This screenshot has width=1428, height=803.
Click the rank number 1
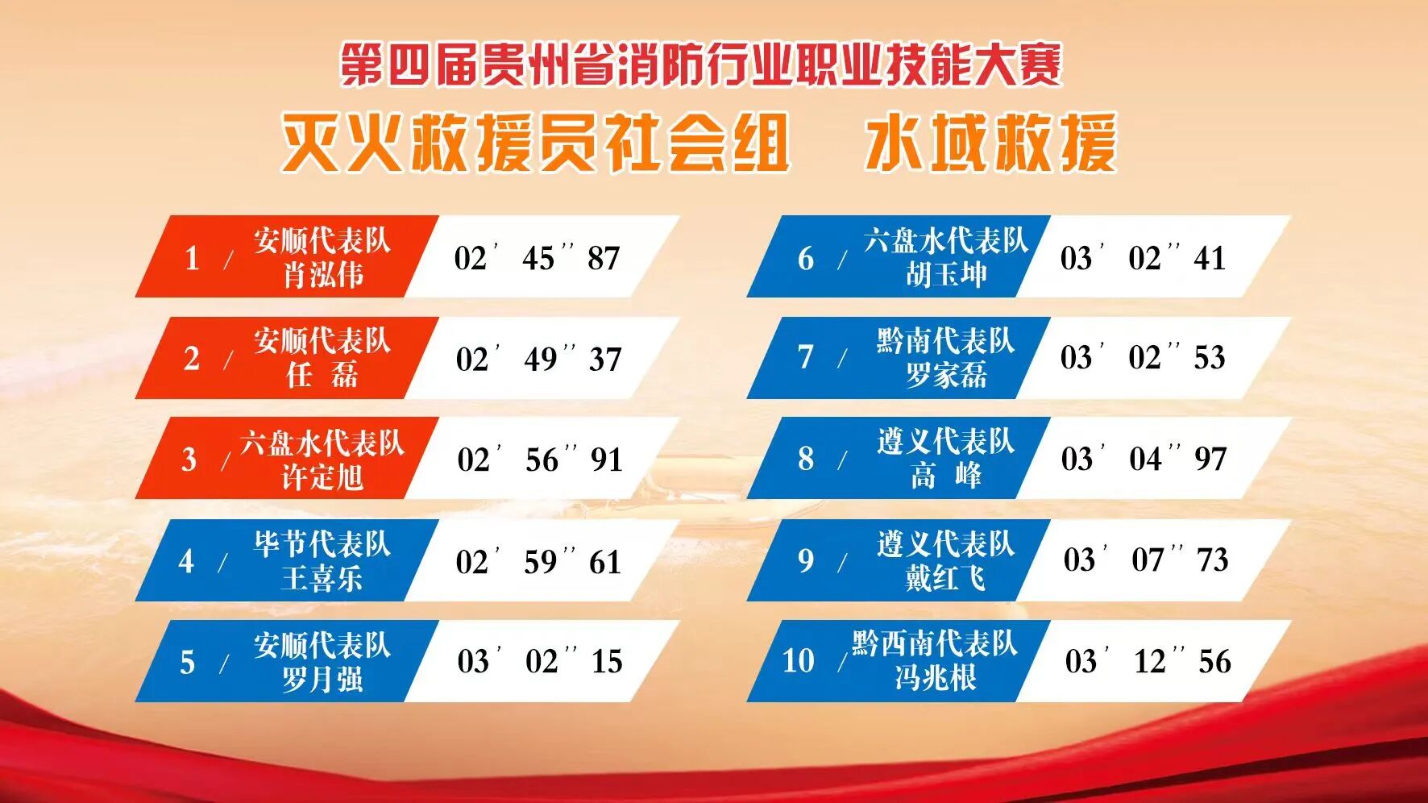tap(192, 258)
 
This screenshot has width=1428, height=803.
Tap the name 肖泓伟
tap(322, 275)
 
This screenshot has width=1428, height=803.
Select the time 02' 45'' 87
tap(537, 258)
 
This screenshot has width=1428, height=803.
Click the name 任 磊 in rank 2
tap(322, 375)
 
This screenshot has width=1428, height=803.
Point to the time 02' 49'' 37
tap(538, 359)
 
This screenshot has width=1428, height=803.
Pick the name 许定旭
tap(322, 476)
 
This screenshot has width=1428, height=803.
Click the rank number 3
tap(189, 460)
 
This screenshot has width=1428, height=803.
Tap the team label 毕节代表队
tap(322, 544)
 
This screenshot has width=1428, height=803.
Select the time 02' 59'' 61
tap(538, 562)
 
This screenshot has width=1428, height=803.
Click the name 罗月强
tap(322, 679)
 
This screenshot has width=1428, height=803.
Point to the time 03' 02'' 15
tap(540, 661)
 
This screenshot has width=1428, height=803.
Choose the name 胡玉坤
tap(946, 275)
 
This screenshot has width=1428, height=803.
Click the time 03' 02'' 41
tap(1143, 258)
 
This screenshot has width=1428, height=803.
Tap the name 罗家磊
tap(946, 375)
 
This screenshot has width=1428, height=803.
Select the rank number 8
tap(806, 459)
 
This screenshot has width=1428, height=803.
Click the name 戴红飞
tap(946, 577)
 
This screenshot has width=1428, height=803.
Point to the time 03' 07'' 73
tap(1146, 560)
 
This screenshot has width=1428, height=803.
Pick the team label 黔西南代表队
tap(935, 643)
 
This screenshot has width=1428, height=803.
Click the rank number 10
tap(799, 661)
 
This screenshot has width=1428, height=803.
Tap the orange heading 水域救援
tap(991, 143)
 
